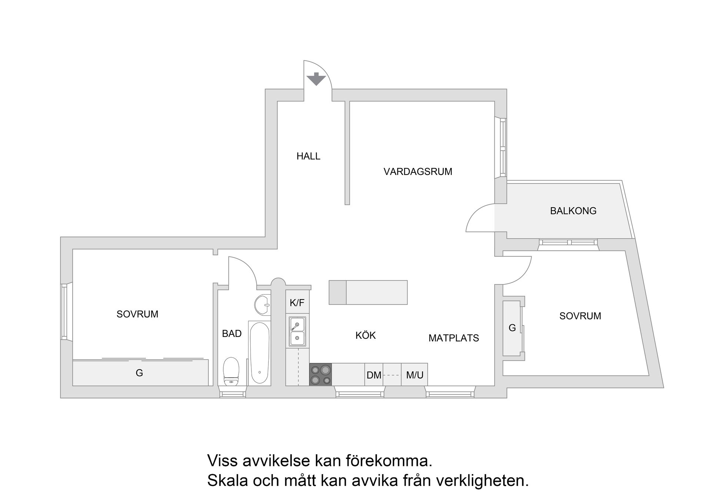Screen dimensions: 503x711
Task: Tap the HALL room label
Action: coord(308,156)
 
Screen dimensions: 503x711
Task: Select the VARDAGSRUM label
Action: coord(418,172)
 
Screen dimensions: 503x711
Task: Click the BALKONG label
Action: coord(573,211)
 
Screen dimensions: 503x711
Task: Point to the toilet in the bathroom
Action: coord(231,372)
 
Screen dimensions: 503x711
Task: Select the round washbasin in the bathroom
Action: coord(263,305)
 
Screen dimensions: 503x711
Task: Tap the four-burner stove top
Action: coord(321,374)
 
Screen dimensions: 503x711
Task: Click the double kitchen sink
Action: coord(297,331)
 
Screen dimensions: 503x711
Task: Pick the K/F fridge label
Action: coord(297,303)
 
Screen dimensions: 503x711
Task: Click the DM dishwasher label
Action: coord(374,375)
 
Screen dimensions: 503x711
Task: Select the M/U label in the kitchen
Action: coord(414,375)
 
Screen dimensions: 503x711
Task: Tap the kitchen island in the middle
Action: coord(368,292)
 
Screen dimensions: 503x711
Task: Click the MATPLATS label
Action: coord(454,338)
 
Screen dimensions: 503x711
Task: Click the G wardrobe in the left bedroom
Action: coord(140,373)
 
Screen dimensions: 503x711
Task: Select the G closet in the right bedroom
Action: coord(512,328)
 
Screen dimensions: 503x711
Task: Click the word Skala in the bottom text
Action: coord(227,481)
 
